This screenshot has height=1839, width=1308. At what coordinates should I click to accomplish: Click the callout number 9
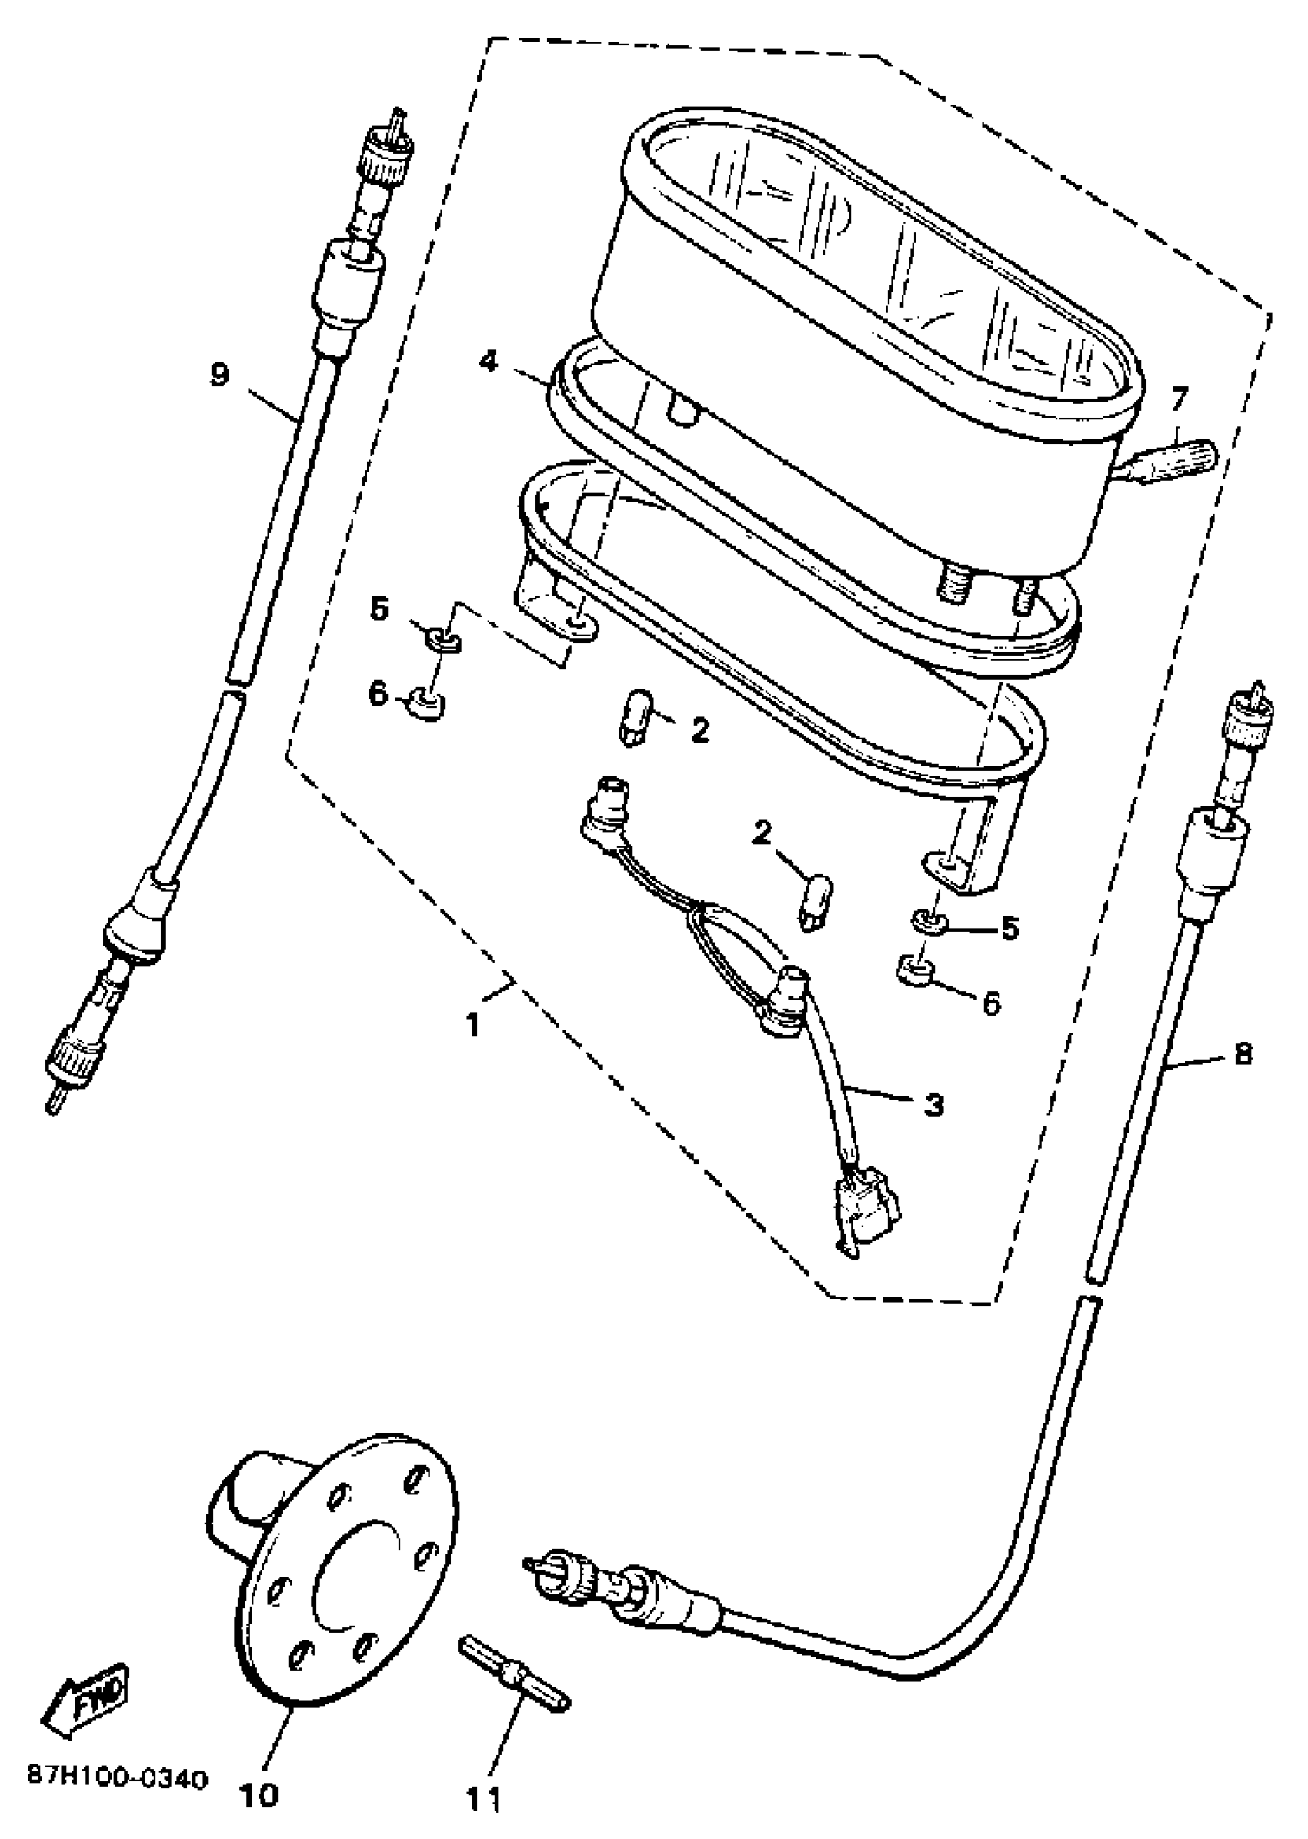(x=219, y=375)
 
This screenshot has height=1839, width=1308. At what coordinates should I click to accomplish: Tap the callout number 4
(x=488, y=362)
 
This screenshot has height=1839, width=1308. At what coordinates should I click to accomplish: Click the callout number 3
(x=933, y=1105)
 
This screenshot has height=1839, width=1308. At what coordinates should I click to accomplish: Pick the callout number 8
(x=1243, y=1053)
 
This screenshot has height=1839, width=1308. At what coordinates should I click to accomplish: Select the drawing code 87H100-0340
(x=118, y=1755)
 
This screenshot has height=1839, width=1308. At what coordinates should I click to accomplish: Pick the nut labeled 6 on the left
(x=427, y=704)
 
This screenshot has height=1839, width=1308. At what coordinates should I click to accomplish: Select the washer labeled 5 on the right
(x=929, y=919)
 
